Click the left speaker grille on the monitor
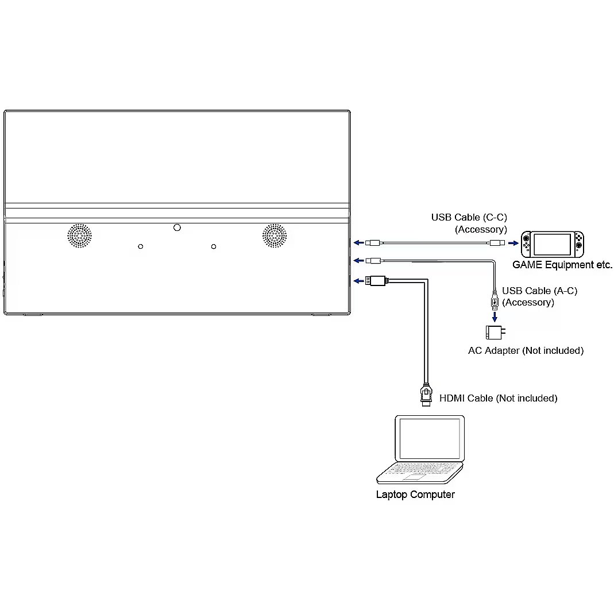click(x=80, y=235)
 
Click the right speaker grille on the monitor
click(x=275, y=235)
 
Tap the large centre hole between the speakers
click(x=177, y=227)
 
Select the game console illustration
click(x=551, y=244)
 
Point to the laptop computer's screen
click(x=430, y=438)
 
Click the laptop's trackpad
click(x=413, y=478)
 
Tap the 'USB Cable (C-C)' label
click(x=469, y=218)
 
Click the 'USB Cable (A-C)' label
click(x=539, y=291)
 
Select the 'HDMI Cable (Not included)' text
click(x=498, y=398)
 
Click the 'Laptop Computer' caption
click(x=415, y=495)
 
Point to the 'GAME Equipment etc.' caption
click(x=562, y=265)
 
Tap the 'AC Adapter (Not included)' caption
click(x=526, y=350)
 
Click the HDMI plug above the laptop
click(x=426, y=395)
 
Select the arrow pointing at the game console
click(x=513, y=243)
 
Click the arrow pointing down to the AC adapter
click(x=494, y=315)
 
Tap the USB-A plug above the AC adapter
click(x=494, y=301)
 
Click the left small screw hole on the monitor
click(x=141, y=246)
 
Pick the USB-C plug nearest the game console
click(x=497, y=243)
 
